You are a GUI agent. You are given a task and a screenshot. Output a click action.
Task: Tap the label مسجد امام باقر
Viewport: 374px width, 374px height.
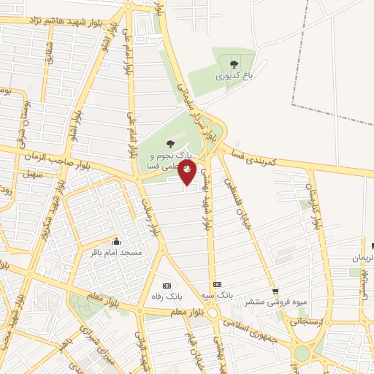(115, 253)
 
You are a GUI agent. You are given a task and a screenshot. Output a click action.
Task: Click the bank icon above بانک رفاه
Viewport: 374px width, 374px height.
(167, 286)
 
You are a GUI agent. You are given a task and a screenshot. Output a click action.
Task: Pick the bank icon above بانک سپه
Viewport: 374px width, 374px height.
(216, 284)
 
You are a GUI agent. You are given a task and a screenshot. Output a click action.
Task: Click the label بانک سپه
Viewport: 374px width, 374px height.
(216, 295)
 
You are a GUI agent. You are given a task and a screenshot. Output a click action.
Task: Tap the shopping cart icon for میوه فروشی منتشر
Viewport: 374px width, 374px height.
(275, 290)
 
